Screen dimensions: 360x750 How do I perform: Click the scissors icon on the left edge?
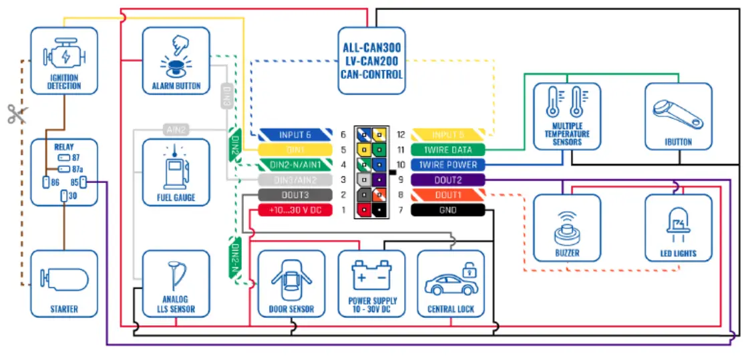click(x=16, y=114)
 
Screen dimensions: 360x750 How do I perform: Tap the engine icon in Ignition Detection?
click(x=63, y=56)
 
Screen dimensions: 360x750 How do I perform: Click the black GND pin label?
click(x=447, y=210)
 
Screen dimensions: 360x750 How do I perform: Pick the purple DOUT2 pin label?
click(x=447, y=180)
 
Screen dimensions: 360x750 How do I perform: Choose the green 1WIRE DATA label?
click(x=447, y=150)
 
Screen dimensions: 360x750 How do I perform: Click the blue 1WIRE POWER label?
click(x=447, y=165)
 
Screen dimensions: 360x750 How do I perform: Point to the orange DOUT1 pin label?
click(x=447, y=195)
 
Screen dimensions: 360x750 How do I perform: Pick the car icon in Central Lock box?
click(x=451, y=279)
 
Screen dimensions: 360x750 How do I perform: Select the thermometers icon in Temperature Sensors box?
click(x=566, y=104)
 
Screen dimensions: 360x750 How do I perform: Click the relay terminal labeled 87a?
click(x=65, y=169)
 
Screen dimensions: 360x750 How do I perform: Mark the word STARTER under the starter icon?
click(x=64, y=309)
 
